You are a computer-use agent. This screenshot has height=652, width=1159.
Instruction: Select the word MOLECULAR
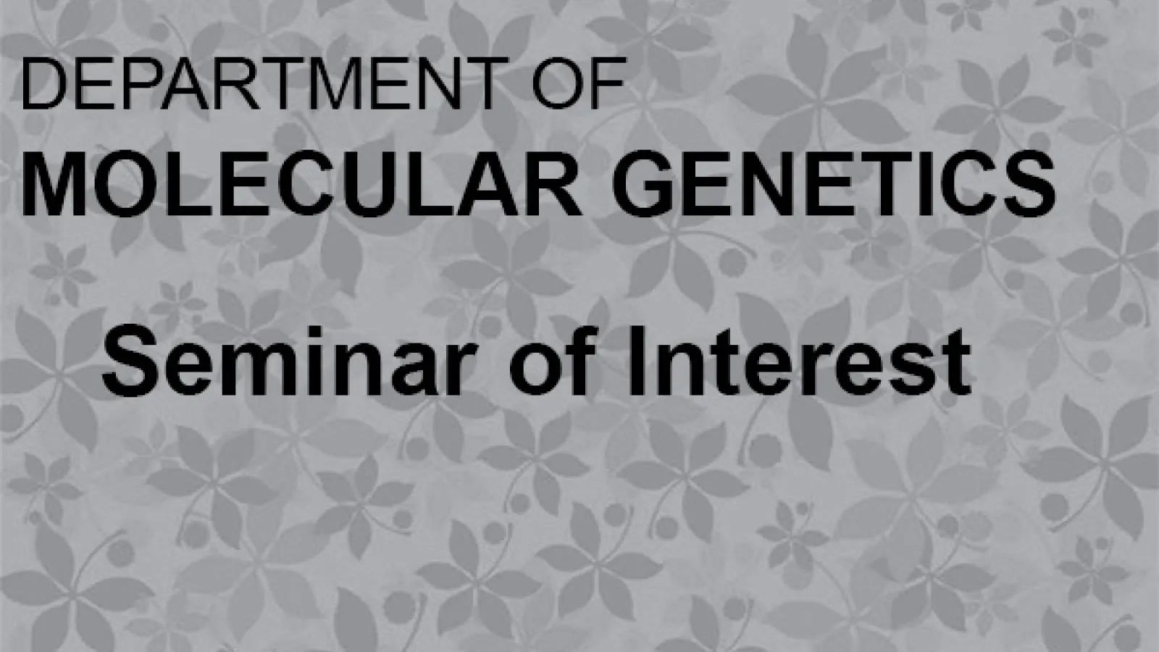tap(301, 183)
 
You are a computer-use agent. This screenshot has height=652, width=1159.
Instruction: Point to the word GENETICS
tap(834, 183)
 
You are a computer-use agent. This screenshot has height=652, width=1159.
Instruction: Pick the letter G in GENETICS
tap(643, 183)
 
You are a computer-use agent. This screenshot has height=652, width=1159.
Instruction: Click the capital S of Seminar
tap(130, 361)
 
